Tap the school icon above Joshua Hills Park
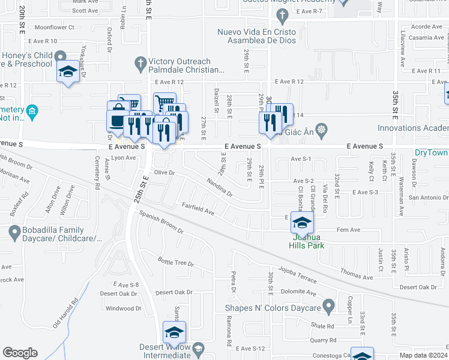tap(301, 224)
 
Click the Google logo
tap(20, 353)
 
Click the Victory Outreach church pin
tap(140, 62)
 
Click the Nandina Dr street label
tap(219, 187)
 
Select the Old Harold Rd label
tap(65, 314)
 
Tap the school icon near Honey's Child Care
tap(68, 73)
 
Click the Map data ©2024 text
tap(423, 355)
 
